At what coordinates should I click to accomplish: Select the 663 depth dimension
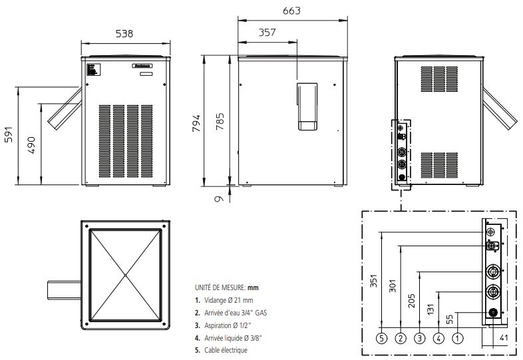291,11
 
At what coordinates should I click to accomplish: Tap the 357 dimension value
267,32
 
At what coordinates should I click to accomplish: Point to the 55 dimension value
450,320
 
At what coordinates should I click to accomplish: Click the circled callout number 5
381,338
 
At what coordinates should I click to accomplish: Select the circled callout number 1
458,338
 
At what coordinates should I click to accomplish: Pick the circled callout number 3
419,338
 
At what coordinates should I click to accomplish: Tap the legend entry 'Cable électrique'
221,350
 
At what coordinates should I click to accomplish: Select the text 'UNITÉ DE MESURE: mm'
226,287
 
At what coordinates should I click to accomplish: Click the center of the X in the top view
125,274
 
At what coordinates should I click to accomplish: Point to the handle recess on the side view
307,107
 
